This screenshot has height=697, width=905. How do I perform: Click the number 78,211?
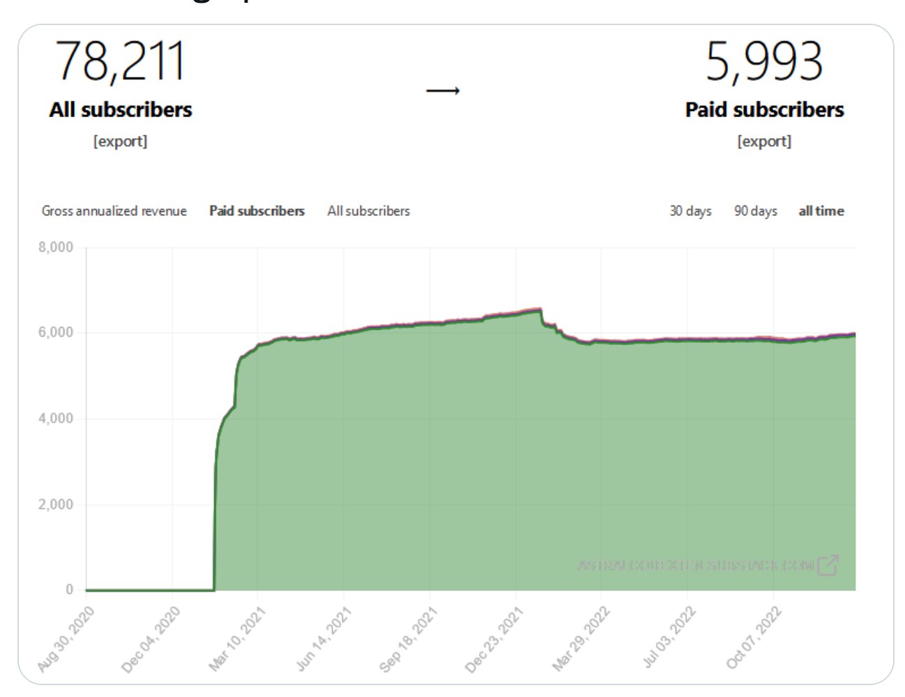coord(121,61)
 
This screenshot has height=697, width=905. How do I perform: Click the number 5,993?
coord(764,61)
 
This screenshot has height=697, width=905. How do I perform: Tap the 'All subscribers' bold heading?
coord(121,109)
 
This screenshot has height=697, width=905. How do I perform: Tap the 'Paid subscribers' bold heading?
coord(764,109)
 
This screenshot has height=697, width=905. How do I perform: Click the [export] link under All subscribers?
coord(121,141)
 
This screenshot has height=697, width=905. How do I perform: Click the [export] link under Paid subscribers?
coord(764,141)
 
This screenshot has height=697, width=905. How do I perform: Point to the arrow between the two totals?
coord(443,91)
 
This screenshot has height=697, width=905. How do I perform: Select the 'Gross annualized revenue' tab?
coord(114,211)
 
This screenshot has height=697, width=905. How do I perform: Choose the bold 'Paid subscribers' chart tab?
coord(257,211)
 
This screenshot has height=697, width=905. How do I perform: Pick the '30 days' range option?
coord(690,211)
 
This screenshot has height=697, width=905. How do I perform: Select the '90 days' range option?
coord(755,211)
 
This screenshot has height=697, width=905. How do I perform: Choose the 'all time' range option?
coord(821,211)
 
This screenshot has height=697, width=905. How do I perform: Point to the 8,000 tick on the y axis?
coord(56,247)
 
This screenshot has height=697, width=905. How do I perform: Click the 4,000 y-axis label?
coord(56,419)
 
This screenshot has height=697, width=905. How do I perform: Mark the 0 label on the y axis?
coord(69,590)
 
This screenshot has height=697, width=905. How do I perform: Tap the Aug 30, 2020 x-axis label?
coord(66,639)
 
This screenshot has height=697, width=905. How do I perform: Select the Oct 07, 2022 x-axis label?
coord(754,639)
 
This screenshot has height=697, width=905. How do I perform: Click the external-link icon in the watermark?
coord(828,565)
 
